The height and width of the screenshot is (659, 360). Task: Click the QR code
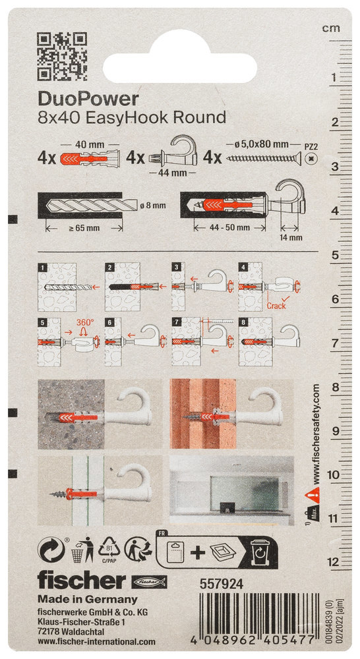(x=62, y=56)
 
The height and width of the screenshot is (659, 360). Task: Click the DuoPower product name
(x=88, y=99)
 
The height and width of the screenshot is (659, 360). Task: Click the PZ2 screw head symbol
(x=311, y=159)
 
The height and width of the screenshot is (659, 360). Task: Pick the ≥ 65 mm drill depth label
(x=84, y=228)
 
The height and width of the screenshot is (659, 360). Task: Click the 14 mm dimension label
(x=290, y=237)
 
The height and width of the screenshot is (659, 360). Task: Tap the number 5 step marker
(x=42, y=322)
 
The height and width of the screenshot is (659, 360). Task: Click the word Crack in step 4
(x=276, y=306)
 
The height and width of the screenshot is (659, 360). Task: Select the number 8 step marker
(x=242, y=322)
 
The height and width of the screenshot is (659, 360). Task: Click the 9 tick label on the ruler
(x=335, y=431)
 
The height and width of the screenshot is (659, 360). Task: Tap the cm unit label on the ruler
(x=331, y=28)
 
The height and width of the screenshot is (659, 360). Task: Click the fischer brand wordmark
(x=82, y=581)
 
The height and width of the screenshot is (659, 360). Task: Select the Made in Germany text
(x=88, y=599)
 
